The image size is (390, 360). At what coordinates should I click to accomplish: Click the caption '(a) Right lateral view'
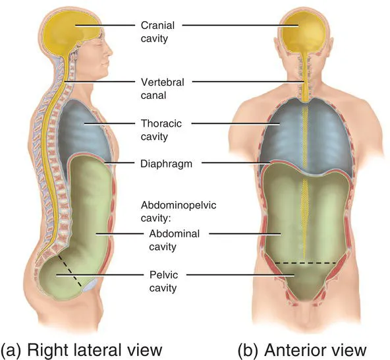82,347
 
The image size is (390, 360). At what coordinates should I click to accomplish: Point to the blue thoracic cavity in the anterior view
283,132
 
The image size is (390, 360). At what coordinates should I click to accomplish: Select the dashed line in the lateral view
69,270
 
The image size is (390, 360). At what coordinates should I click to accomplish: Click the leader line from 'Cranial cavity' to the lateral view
105,26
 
